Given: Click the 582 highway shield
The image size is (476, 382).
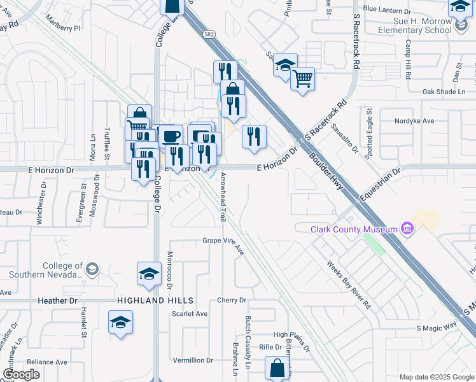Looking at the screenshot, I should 209,34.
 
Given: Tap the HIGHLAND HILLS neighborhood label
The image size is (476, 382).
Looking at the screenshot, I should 155,301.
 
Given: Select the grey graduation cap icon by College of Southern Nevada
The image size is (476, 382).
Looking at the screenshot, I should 93,270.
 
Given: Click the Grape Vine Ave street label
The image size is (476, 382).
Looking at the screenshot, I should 223,244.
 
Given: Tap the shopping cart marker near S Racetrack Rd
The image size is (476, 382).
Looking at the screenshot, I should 303,78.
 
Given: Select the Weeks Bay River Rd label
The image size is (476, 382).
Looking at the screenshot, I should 349,284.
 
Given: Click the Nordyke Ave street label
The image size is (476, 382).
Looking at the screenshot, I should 414,120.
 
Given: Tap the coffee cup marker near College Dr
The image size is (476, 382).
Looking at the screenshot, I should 170,135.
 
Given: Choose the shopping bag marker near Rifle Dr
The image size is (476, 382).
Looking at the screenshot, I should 277,368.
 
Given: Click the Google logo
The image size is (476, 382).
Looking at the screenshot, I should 21,374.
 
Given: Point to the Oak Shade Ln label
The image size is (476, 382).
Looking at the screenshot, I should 444,92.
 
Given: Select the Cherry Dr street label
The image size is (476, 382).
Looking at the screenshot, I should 231,301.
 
